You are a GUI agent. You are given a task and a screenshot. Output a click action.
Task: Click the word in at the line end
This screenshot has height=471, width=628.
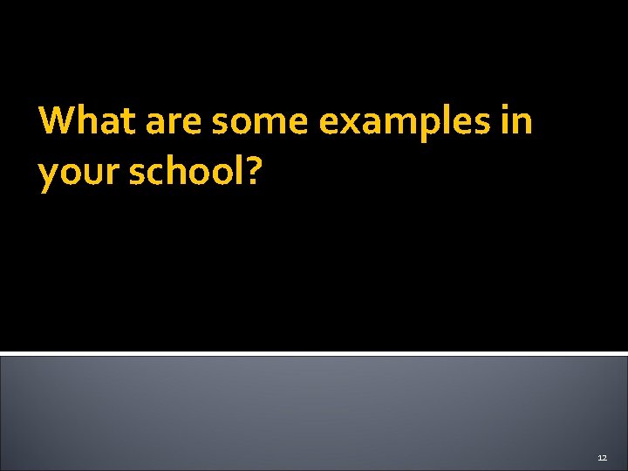point(517,120)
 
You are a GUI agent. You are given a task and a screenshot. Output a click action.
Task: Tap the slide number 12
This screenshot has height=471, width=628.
point(602,457)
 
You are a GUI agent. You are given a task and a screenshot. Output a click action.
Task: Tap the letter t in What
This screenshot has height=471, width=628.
point(127,121)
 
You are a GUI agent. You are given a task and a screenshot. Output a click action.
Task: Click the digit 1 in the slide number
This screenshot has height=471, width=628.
point(599,457)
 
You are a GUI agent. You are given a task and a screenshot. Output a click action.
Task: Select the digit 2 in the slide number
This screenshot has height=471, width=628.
point(604,457)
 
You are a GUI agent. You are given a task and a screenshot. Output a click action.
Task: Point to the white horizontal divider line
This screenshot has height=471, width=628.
point(314,353)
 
